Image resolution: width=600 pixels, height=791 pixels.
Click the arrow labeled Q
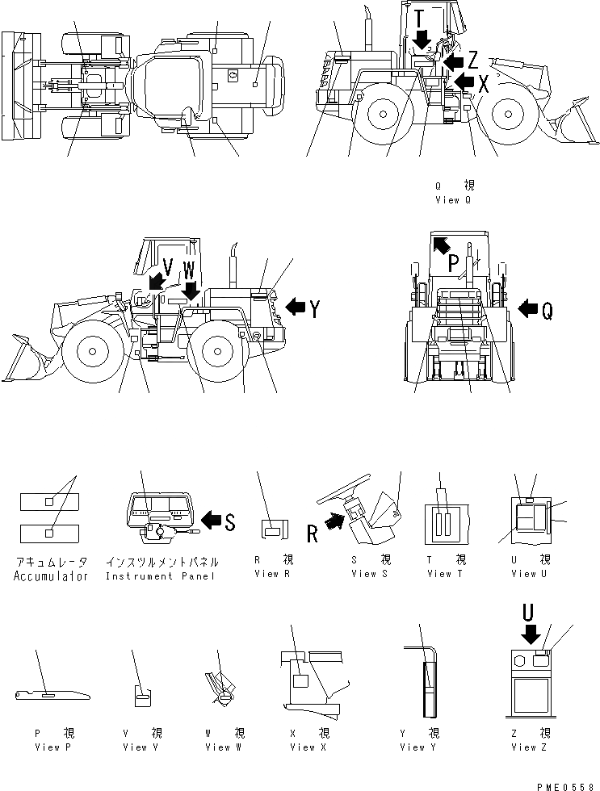click(x=527, y=308)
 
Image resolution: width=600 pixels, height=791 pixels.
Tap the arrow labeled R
click(x=333, y=525)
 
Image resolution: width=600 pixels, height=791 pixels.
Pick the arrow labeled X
click(x=463, y=81)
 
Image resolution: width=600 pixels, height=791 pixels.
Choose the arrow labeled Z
click(x=454, y=61)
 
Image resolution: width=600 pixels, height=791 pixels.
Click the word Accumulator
click(x=51, y=576)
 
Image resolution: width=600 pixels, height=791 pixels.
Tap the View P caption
click(x=54, y=747)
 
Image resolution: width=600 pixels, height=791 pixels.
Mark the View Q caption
click(x=453, y=199)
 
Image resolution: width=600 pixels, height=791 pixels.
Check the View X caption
click(x=303, y=747)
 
